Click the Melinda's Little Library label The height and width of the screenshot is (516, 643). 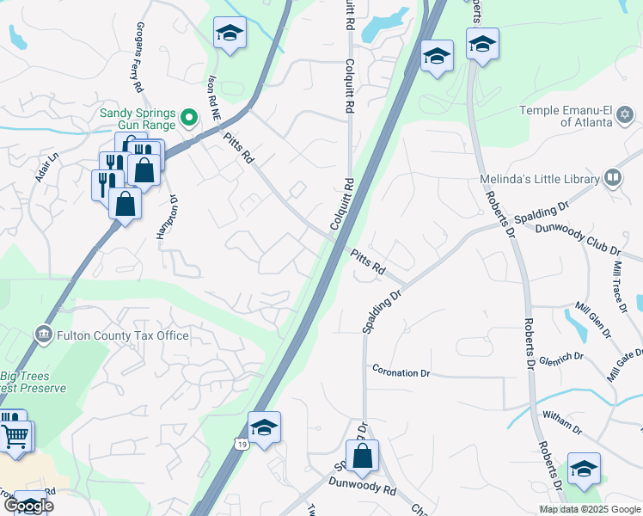pos(539,179)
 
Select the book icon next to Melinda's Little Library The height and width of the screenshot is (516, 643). pos(613,179)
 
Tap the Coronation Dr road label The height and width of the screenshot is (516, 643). pos(401,372)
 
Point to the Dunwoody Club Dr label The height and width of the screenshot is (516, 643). pos(566,237)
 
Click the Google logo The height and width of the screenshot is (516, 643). pos(28,506)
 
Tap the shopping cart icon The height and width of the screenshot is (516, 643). pos(15,436)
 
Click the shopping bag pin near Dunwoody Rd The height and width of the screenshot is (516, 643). pos(363,456)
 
